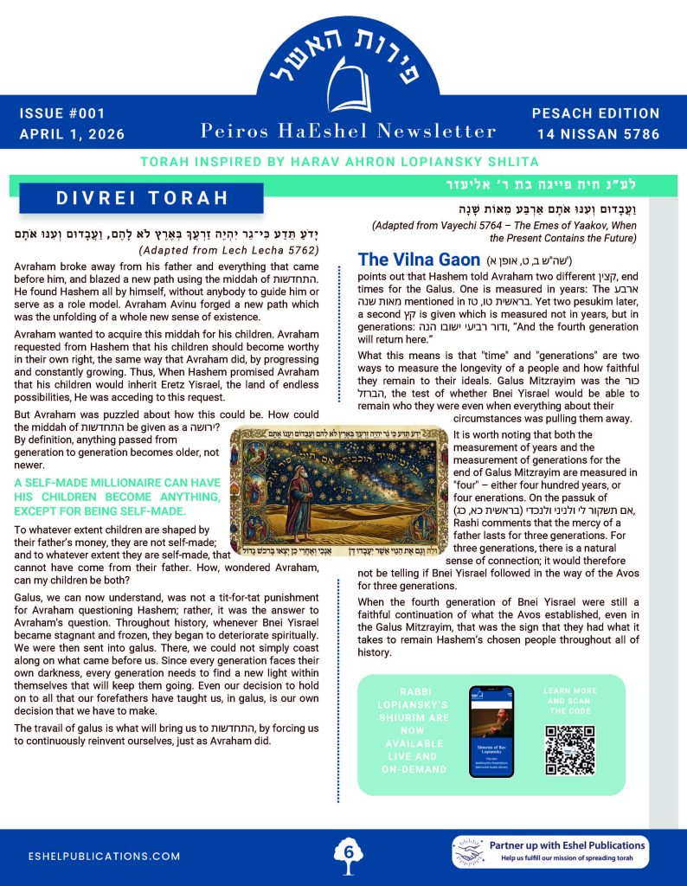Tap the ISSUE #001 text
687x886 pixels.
pos(59,113)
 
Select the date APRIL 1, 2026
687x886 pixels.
pos(72,134)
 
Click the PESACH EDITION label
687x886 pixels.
pos(594,113)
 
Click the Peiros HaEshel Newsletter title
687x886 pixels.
pos(348,131)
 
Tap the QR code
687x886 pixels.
pos(570,749)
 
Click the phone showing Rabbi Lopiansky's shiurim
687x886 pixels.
pos(491,731)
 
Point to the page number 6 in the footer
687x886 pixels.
pos(348,851)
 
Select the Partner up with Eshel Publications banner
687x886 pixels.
pos(549,851)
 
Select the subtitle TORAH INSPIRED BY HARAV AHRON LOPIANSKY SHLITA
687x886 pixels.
pos(343,162)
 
